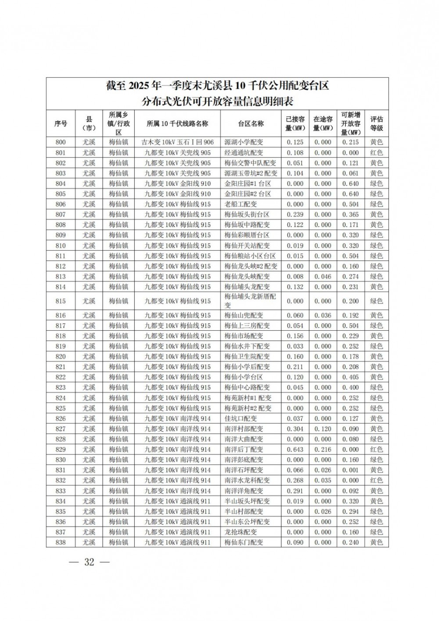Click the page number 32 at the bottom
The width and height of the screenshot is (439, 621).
pyautogui.click(x=89, y=562)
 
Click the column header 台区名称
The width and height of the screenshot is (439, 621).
pyautogui.click(x=251, y=123)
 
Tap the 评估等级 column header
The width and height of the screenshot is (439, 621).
pyautogui.click(x=376, y=123)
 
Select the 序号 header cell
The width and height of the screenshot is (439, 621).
pyautogui.click(x=61, y=123)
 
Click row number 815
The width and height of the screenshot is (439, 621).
pyautogui.click(x=61, y=301)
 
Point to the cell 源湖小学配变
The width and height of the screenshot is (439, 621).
pyautogui.click(x=244, y=142)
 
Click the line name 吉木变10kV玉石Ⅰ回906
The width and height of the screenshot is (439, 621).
pyautogui.click(x=177, y=142)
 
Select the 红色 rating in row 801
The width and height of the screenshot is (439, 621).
pyautogui.click(x=376, y=153)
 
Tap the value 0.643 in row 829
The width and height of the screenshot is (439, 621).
pyautogui.click(x=295, y=450)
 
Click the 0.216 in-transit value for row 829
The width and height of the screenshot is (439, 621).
pyautogui.click(x=323, y=450)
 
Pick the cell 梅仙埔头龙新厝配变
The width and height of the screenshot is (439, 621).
pyautogui.click(x=250, y=301)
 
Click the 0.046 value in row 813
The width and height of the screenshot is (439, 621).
pyautogui.click(x=323, y=277)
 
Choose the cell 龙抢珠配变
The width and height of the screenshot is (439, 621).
pyautogui.click(x=241, y=532)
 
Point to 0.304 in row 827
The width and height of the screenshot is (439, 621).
pyautogui.click(x=295, y=429)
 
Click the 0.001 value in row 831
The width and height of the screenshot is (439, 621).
pyautogui.click(x=350, y=470)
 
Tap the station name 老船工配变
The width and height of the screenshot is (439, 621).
pyautogui.click(x=241, y=204)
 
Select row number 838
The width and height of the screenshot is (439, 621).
pyautogui.click(x=61, y=542)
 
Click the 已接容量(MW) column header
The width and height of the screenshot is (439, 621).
pyautogui.click(x=295, y=123)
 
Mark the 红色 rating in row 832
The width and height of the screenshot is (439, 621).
pyautogui.click(x=376, y=480)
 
